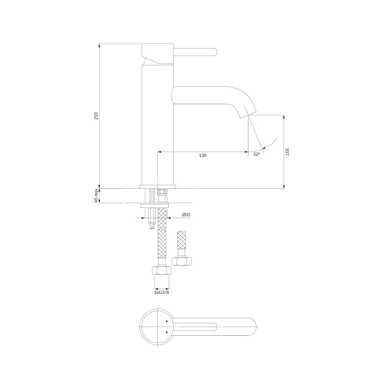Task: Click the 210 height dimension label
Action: point(96,116)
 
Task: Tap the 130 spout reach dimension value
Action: point(203,155)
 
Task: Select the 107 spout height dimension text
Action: point(287,152)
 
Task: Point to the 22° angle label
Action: point(257,154)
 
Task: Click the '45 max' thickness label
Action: point(96,196)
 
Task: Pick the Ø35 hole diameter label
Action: point(186,215)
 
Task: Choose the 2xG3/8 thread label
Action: point(162,298)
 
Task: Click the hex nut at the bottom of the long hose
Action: point(162,270)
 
